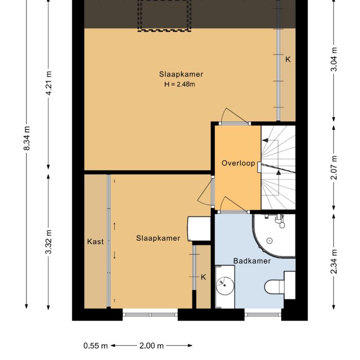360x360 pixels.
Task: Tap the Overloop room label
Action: [x=238, y=163]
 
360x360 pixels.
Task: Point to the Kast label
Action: [x=95, y=241]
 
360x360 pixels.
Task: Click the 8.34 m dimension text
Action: [x=27, y=138]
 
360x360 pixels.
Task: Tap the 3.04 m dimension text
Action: [x=335, y=60]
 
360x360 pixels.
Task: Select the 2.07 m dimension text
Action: [x=335, y=167]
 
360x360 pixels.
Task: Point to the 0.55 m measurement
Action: [x=95, y=346]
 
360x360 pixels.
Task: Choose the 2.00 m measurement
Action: [x=151, y=346]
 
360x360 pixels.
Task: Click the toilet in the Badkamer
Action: [x=275, y=286]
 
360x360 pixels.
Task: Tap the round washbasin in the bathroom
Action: [x=224, y=283]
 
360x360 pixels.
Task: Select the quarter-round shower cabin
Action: [x=274, y=236]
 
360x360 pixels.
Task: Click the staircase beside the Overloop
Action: [x=278, y=167]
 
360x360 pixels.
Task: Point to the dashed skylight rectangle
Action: [x=164, y=15]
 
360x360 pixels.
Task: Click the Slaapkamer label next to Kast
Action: [x=158, y=238]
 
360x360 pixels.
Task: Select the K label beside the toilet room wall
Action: [x=203, y=277]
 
